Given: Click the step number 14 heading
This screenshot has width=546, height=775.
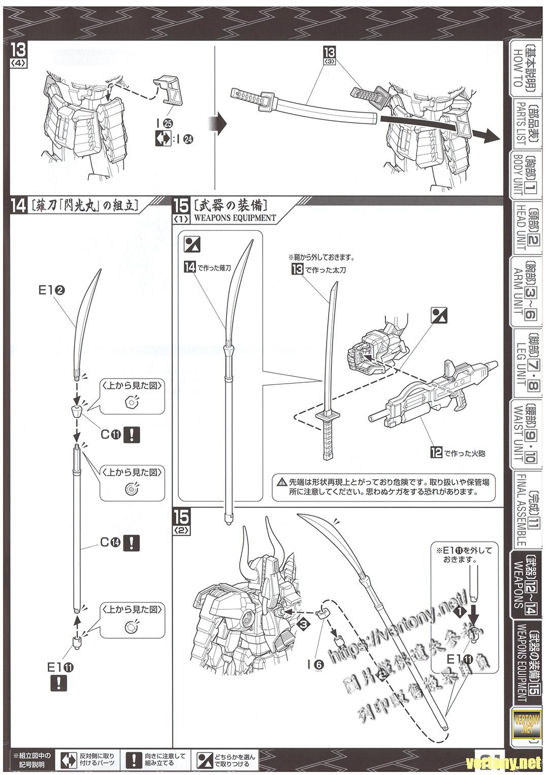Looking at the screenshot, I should pyautogui.click(x=19, y=206).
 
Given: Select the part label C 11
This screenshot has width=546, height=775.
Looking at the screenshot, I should pyautogui.click(x=110, y=435).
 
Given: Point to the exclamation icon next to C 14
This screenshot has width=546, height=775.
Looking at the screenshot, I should pyautogui.click(x=132, y=542).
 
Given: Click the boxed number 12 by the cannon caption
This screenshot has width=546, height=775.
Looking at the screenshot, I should pyautogui.click(x=436, y=452).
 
